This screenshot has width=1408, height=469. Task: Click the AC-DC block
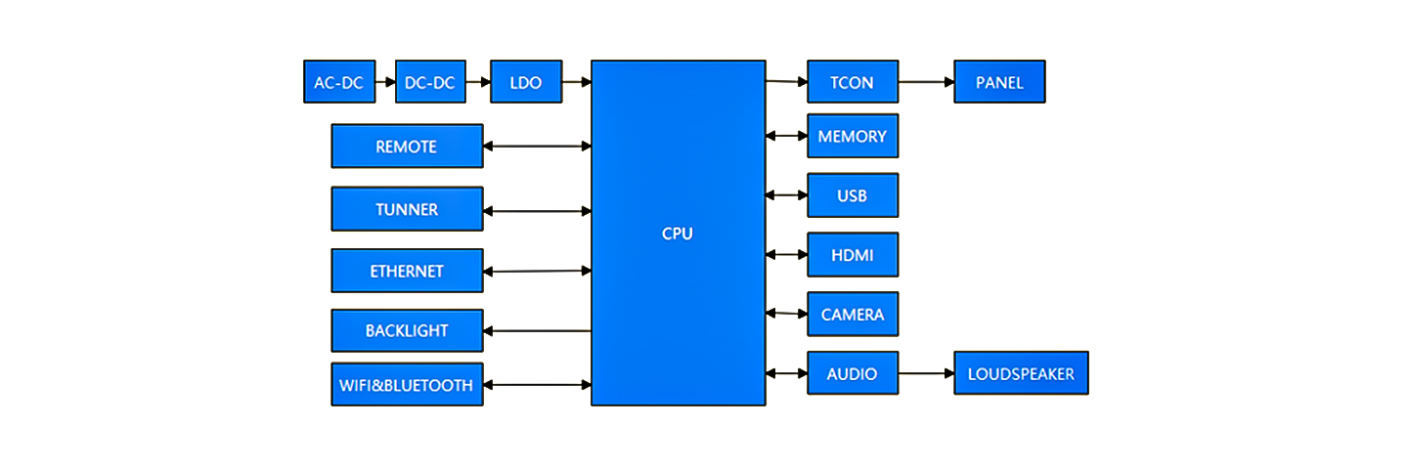coord(338,82)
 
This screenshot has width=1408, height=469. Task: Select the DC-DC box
coord(430,82)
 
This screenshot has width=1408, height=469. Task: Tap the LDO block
coord(526,82)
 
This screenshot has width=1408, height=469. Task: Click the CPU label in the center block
coord(678,234)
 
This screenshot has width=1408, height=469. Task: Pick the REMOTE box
coord(407,147)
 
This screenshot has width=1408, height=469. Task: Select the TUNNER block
coord(407,209)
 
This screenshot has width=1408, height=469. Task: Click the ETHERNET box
coord(407,271)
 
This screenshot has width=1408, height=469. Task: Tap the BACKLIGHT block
coord(407,330)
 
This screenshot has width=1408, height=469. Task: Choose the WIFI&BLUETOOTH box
coord(407,385)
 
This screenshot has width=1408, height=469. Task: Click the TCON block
coord(852,82)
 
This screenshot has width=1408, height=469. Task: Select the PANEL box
coord(999,82)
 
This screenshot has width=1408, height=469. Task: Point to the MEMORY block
coord(852,136)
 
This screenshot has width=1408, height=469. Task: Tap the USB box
coord(852,195)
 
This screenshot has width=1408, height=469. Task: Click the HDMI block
coord(852,255)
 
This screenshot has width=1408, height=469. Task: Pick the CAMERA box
coord(852,314)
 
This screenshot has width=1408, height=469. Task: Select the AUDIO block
coord(852,373)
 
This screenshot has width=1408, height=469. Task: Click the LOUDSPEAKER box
coord(1021,373)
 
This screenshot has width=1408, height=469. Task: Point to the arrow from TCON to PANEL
coord(926,82)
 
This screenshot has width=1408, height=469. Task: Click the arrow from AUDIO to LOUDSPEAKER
coord(926,373)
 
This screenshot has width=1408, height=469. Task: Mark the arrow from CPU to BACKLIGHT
coord(538,331)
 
